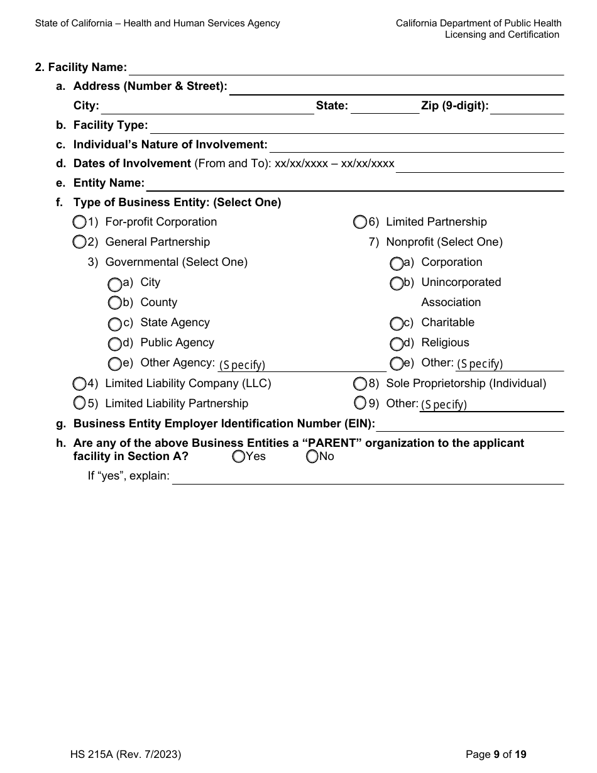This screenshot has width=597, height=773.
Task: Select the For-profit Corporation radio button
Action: point(79,222)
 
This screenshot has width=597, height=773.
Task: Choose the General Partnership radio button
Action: point(79,242)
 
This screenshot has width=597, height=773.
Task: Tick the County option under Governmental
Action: point(114,303)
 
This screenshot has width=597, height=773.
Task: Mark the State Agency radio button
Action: point(114,324)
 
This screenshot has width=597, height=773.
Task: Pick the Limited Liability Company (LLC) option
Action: point(79,383)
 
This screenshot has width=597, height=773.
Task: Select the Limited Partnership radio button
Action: point(359,222)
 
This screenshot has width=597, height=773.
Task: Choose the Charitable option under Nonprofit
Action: point(397,324)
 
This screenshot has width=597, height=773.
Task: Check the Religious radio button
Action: point(397,344)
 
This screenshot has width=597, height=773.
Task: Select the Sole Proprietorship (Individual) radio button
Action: point(359,383)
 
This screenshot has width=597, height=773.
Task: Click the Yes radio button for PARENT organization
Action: point(238,457)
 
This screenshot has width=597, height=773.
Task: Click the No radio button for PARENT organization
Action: point(312,457)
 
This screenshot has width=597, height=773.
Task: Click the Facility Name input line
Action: point(346,69)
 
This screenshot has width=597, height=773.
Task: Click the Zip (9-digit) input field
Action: point(527,107)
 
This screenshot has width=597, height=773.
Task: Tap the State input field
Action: point(385,107)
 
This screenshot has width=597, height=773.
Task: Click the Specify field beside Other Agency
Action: point(302,365)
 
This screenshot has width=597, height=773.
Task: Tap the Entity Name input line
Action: point(355,184)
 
